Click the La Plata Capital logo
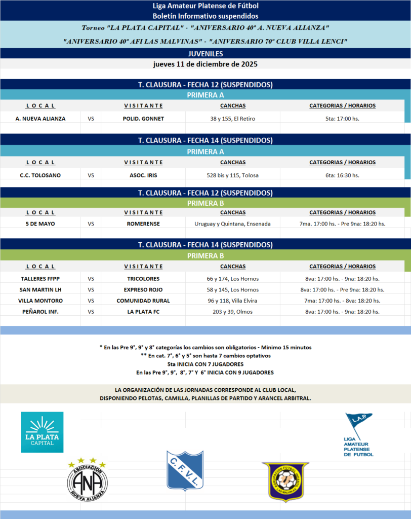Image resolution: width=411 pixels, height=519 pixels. [42, 432]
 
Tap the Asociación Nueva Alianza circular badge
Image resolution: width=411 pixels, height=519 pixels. [87, 480]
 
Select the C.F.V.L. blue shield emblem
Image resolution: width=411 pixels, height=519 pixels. [185, 470]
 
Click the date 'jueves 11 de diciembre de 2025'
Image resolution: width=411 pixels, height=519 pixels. [205, 64]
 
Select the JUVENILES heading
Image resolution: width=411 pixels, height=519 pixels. [205, 54]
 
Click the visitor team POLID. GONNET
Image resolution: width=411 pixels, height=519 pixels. [143, 119]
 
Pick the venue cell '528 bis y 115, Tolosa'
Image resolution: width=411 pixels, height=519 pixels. [233, 175]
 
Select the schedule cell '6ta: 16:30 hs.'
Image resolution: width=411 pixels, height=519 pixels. [342, 175]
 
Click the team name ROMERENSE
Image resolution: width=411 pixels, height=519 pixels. [143, 224]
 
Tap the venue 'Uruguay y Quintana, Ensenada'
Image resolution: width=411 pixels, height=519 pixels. [233, 224]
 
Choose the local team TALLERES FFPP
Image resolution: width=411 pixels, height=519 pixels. [40, 279]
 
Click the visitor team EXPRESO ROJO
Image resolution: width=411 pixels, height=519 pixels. [143, 290]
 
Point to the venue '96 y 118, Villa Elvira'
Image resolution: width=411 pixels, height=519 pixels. [233, 301]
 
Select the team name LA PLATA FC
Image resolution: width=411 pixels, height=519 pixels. [143, 312]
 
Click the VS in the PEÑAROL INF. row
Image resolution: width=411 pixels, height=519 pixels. [91, 312]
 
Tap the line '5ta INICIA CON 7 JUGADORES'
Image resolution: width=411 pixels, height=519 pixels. [205, 364]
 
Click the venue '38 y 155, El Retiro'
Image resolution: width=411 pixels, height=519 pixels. [233, 119]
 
